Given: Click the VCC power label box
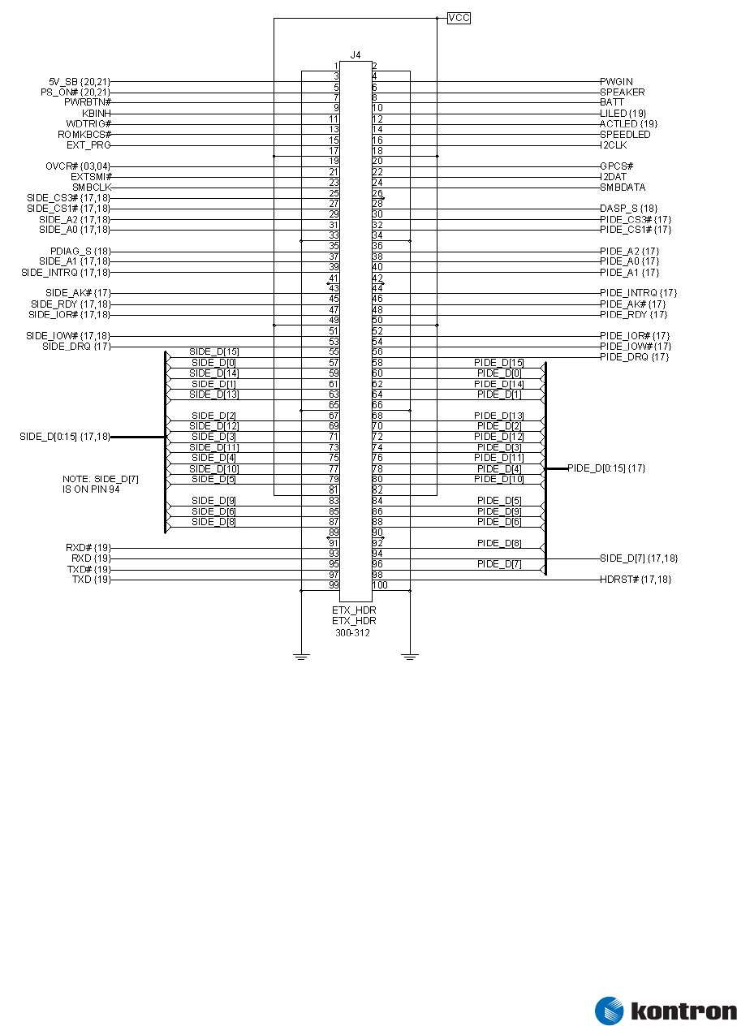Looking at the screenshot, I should tap(459, 18).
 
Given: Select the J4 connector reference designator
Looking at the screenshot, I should tap(356, 55).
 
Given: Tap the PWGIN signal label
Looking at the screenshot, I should tap(616, 82).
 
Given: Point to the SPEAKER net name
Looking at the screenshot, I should tap(623, 93).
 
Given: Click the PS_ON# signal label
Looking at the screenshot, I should tap(75, 93).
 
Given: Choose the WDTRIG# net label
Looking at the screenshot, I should tap(89, 124).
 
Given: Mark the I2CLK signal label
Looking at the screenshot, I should tap(614, 145).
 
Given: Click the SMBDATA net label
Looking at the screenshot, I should tap(623, 188).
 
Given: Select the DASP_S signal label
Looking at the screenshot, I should tap(628, 209).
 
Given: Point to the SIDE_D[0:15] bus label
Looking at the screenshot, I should tap(65, 437).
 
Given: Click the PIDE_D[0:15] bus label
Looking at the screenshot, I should tap(606, 468).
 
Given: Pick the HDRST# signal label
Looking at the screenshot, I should tap(636, 580).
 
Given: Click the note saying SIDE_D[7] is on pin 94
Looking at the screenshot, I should tap(100, 485).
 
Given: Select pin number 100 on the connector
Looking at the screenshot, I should tap(380, 585).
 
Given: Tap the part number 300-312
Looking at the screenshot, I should tap(352, 633).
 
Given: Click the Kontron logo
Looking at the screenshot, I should tap(666, 1011).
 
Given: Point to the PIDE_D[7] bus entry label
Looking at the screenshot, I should tap(499, 564).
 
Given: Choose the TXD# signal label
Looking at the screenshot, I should tap(89, 570).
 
